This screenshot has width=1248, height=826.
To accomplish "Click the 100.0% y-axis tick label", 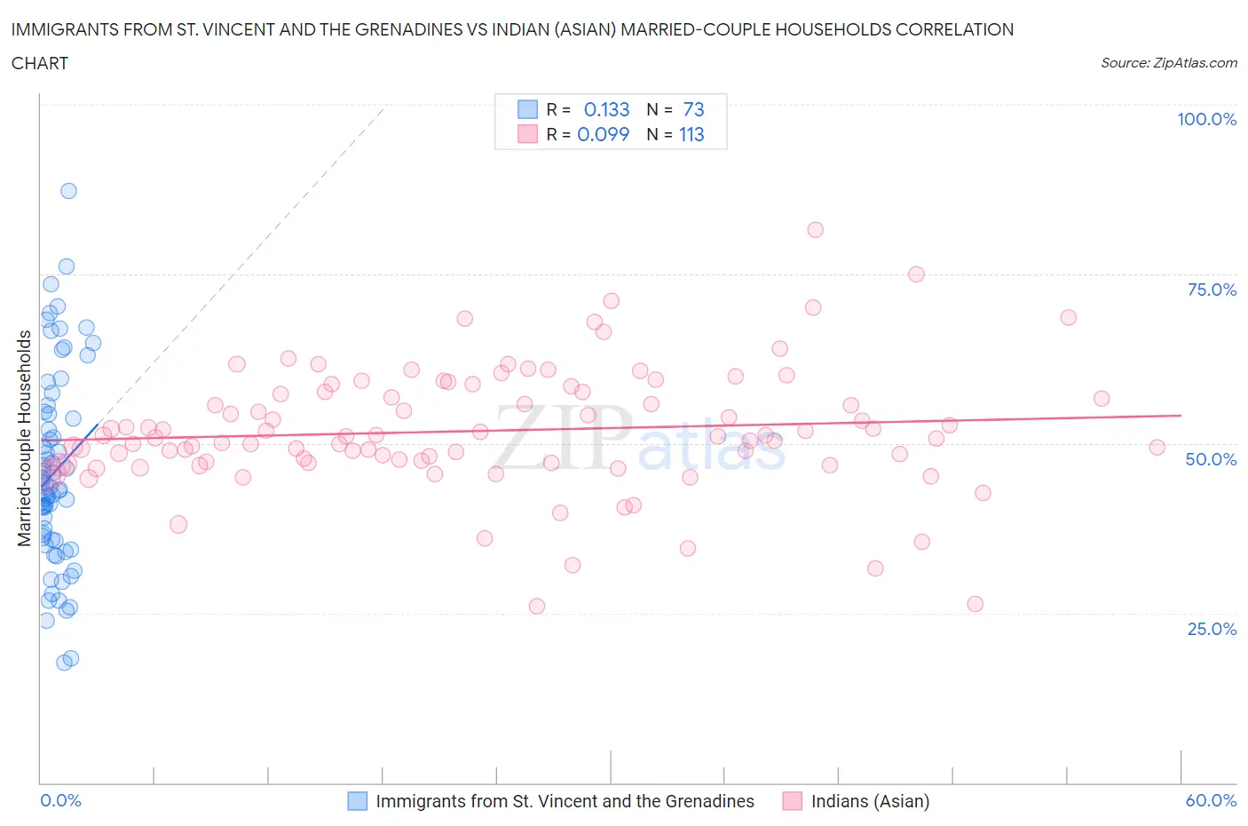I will [x=1206, y=119].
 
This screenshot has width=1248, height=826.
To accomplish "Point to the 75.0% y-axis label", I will [x=1212, y=290].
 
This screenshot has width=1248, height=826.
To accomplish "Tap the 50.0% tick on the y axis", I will [x=1211, y=459].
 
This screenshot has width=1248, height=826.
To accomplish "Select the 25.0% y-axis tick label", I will [x=1212, y=629].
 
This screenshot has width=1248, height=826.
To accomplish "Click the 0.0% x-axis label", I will [x=60, y=800].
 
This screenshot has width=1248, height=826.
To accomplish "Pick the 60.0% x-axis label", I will [x=1211, y=800].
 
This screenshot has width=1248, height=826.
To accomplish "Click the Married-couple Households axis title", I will [x=25, y=438].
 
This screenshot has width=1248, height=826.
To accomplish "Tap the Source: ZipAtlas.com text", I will [x=1168, y=62].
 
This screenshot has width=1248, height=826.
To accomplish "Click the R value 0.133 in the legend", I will [x=606, y=109].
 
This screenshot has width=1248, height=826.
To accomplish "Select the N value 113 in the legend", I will [x=691, y=134].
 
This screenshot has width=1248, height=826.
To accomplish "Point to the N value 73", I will [x=693, y=109].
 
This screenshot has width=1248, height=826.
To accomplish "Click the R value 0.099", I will [x=603, y=134].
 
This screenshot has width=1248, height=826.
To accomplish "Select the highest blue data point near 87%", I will [x=68, y=191].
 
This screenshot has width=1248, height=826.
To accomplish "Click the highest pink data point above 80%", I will [x=815, y=230].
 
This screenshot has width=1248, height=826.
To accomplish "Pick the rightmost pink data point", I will [x=1157, y=448].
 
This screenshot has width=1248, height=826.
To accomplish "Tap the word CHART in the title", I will [x=40, y=63].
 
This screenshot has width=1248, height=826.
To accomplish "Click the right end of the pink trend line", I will [x=1181, y=415].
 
